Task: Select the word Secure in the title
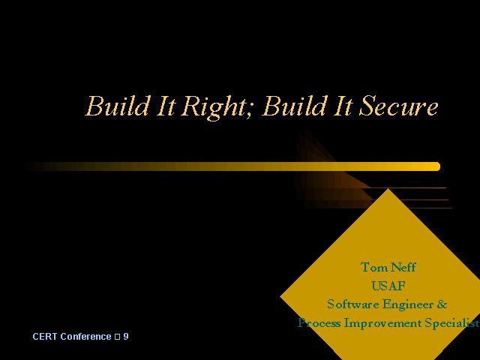tap(398, 106)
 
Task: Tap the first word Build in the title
tap(118, 106)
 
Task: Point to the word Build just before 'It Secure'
tap(295, 106)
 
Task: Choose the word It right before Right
tap(166, 106)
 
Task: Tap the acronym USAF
tap(388, 286)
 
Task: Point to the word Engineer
tap(408, 305)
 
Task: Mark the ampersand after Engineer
tap(442, 304)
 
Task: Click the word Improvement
tap(382, 323)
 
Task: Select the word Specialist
tap(452, 323)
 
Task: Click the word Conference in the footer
tap(85, 337)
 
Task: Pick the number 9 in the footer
tap(126, 337)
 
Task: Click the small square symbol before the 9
tap(117, 337)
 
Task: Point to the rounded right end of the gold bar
tap(439, 166)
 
